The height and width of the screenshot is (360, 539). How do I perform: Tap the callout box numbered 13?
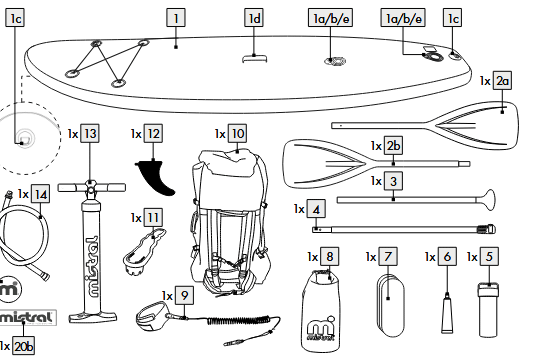(x=90, y=133)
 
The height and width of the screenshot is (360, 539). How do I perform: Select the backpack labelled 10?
(x=229, y=222)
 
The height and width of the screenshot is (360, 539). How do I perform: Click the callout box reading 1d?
(x=254, y=18)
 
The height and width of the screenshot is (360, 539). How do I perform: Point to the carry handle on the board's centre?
(x=254, y=58)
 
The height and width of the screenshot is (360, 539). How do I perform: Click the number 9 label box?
(x=185, y=295)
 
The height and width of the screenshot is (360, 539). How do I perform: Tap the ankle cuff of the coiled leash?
(x=152, y=316)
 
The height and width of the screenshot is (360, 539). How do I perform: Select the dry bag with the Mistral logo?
(x=321, y=311)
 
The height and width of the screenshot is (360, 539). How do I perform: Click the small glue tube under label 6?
(x=447, y=314)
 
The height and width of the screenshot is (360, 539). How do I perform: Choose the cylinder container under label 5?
(x=488, y=309)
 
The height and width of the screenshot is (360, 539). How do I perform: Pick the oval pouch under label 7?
(x=391, y=306)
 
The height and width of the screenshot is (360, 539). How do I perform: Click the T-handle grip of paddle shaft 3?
(x=487, y=199)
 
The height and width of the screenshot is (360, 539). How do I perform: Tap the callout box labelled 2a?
(x=502, y=81)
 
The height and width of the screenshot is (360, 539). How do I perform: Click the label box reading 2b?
(x=393, y=146)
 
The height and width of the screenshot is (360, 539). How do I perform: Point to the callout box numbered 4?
(x=316, y=209)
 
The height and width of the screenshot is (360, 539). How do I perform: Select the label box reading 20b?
(x=23, y=346)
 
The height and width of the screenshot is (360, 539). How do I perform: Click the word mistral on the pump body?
(x=91, y=266)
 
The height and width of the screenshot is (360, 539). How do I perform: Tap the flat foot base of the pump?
(x=93, y=317)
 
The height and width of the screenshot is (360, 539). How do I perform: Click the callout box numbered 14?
(x=41, y=194)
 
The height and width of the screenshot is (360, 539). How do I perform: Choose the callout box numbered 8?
(x=329, y=257)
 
